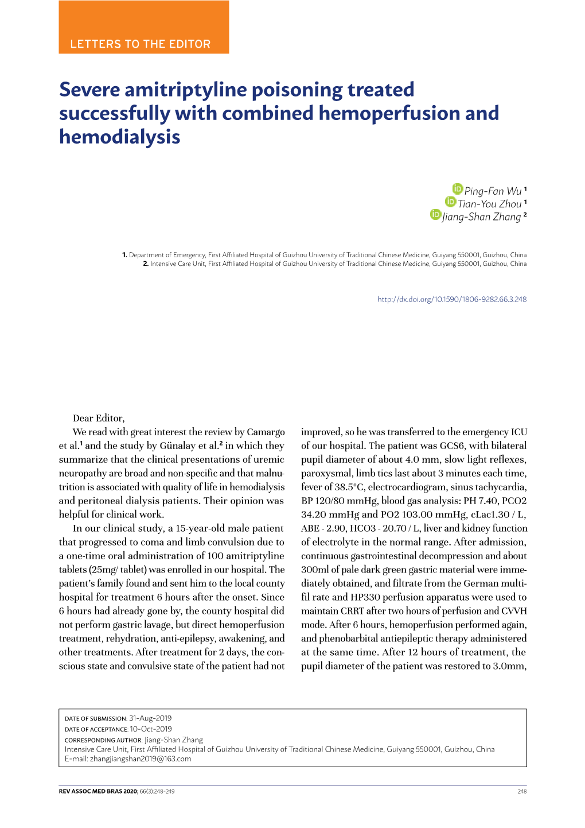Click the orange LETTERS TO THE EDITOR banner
tap(143, 28)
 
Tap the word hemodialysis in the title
tap(119, 137)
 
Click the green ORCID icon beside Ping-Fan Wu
tap(457, 189)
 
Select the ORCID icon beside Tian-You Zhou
tap(450, 202)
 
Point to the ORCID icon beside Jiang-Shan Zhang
tap(435, 215)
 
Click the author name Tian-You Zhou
tap(489, 204)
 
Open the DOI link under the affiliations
tap(451, 299)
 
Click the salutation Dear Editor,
tap(99, 418)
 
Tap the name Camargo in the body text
tap(266, 432)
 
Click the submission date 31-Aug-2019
tap(150, 718)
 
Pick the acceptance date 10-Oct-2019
tap(150, 729)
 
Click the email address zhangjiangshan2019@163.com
tap(141, 759)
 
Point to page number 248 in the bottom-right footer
tap(521, 791)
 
